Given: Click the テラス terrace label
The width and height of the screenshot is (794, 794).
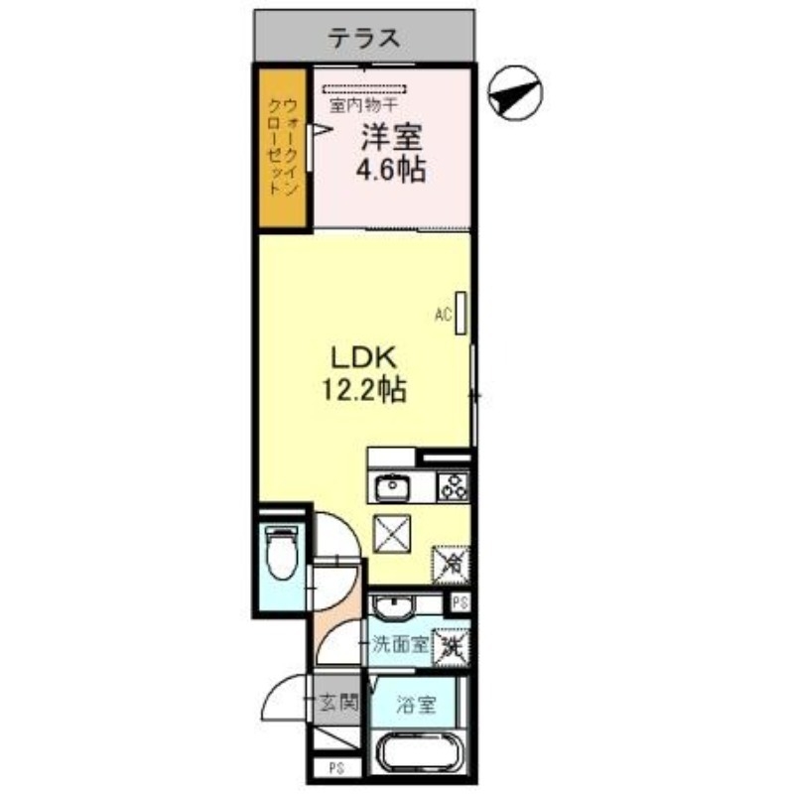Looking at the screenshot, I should coord(364,38).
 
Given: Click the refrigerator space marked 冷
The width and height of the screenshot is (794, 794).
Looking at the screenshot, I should coord(450,565).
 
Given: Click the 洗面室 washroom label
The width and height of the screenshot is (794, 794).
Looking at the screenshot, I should coord(400,644).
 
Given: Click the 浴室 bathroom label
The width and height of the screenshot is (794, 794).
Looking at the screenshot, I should coord(415,706).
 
